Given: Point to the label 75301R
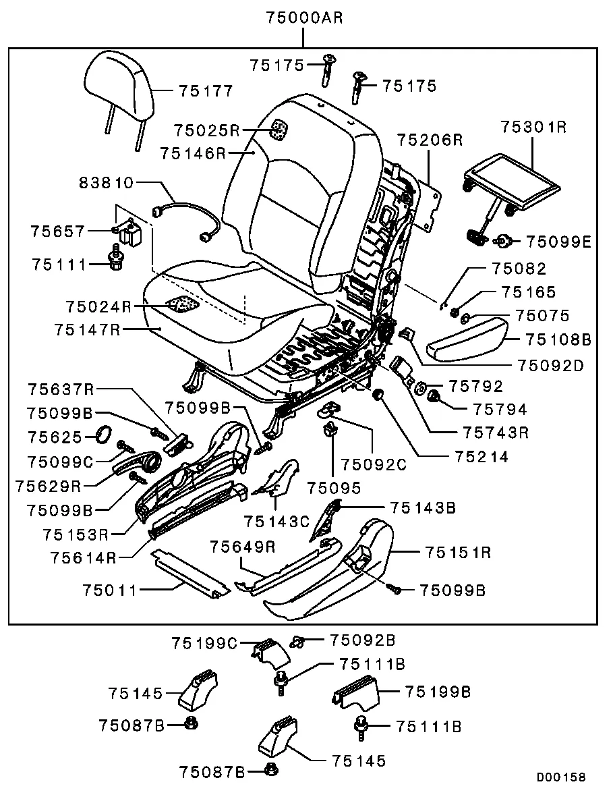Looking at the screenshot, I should pos(533,126).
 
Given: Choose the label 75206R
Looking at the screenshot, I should pos(429,140).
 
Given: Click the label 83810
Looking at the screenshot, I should pos(107,183).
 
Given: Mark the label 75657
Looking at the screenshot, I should pos(58,231).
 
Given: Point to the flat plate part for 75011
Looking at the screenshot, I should pos(189,572).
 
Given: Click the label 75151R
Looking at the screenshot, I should pos(458,553).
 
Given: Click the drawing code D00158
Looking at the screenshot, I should pos(560,777).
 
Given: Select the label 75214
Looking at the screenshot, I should pos(481,457).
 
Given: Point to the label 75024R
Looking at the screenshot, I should pos(98,306).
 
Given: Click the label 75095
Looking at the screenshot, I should pos(334,487).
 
